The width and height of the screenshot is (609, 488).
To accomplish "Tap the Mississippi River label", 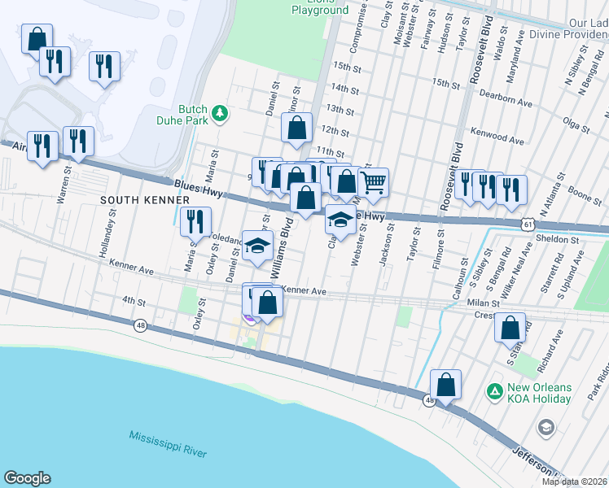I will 168,443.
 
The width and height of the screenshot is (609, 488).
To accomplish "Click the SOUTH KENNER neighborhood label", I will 134,199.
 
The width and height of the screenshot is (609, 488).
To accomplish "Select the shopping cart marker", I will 373,183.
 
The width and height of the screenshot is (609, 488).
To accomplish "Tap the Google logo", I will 27,478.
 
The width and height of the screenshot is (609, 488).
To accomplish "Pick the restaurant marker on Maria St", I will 195,222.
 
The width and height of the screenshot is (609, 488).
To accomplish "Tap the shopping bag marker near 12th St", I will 297,128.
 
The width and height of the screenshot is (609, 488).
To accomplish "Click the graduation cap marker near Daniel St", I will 257,246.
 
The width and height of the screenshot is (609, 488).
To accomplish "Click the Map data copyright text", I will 573,481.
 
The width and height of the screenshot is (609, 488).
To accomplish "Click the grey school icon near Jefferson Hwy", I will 545,426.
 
